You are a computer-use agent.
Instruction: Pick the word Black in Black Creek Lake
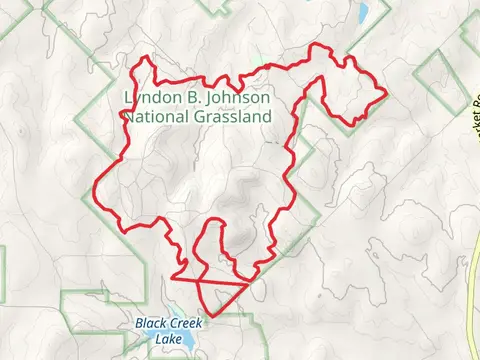[153, 324]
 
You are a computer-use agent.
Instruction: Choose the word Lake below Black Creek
[169, 337]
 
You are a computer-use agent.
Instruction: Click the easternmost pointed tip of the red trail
[386, 94]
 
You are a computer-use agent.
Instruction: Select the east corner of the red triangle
[247, 283]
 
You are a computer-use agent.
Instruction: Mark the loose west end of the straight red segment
[171, 277]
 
